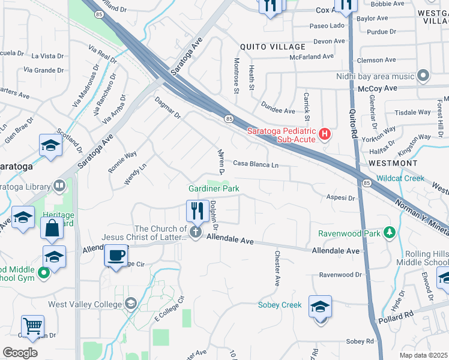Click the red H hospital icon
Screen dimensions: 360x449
[325, 133]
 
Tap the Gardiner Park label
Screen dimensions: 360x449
[214, 188]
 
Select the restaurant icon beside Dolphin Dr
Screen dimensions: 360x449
[197, 211]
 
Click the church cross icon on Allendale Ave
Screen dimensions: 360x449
[195, 232]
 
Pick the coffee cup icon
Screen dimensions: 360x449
[116, 254]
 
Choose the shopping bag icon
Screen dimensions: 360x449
[52, 228]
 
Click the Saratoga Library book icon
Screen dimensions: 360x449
[59, 185]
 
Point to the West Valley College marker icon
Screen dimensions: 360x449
[130, 304]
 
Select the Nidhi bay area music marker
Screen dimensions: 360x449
[423, 76]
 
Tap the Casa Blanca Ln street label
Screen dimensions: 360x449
[256, 164]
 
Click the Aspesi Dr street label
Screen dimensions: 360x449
[340, 197]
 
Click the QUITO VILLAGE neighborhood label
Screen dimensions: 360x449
[273, 46]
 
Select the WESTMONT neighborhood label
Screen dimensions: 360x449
[393, 163]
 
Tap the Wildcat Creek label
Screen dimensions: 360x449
[401, 178]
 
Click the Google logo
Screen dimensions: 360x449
[20, 353]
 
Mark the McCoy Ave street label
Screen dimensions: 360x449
[383, 88]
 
